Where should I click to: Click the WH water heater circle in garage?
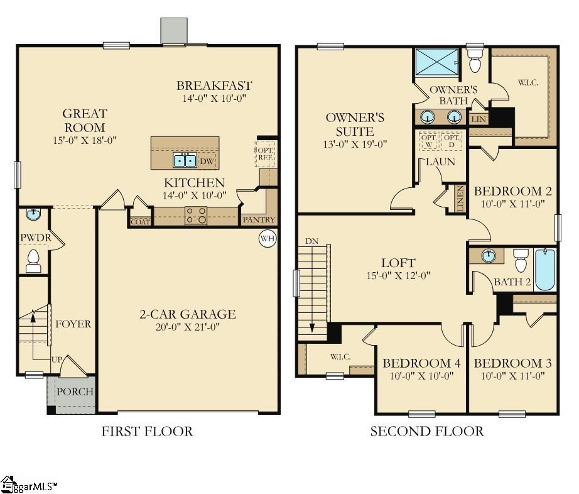pyautogui.click(x=268, y=239)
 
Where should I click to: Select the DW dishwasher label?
pyautogui.click(x=207, y=162)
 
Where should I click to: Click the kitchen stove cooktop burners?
pyautogui.click(x=196, y=216)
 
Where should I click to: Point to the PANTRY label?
pyautogui.click(x=259, y=220)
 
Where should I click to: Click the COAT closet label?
pyautogui.click(x=139, y=221)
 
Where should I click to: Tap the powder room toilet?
pyautogui.click(x=33, y=261)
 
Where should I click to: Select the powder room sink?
pyautogui.click(x=33, y=215)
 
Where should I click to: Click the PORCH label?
pyautogui.click(x=75, y=392)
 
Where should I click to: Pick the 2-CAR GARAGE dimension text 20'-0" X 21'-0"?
pyautogui.click(x=187, y=327)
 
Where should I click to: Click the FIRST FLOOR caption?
pyautogui.click(x=147, y=432)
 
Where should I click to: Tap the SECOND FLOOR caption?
pyautogui.click(x=426, y=432)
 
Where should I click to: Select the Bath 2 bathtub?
pyautogui.click(x=545, y=270)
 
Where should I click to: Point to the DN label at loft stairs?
pyautogui.click(x=311, y=241)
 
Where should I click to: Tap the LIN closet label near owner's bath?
pyautogui.click(x=478, y=118)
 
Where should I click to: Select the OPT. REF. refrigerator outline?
pyautogui.click(x=264, y=155)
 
